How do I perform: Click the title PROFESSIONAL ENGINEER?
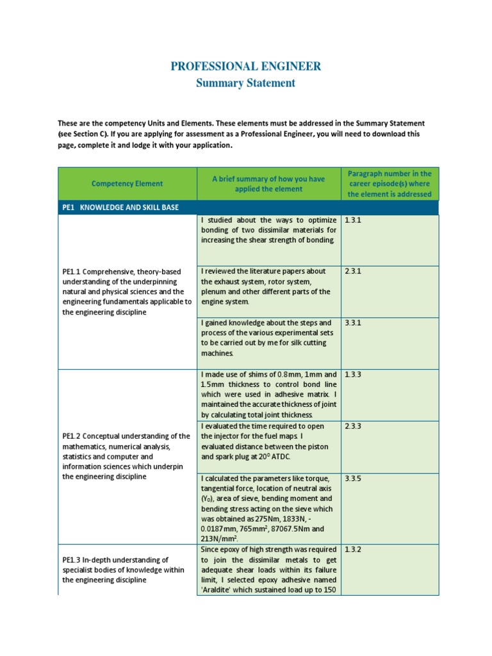(x=245, y=66)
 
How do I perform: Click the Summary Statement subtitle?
(x=245, y=83)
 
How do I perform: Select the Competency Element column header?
(x=127, y=184)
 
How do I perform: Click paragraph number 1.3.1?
(x=353, y=220)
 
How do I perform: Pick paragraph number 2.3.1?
(x=353, y=271)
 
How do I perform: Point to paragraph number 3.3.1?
(x=353, y=323)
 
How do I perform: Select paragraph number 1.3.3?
(x=353, y=374)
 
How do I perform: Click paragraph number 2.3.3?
(x=353, y=426)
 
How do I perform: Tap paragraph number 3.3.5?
(x=353, y=478)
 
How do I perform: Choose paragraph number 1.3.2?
(x=353, y=550)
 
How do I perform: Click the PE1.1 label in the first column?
(x=72, y=272)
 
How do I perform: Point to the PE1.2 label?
(x=72, y=436)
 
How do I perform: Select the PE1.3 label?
(x=72, y=560)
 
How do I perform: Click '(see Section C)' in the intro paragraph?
(x=83, y=134)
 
